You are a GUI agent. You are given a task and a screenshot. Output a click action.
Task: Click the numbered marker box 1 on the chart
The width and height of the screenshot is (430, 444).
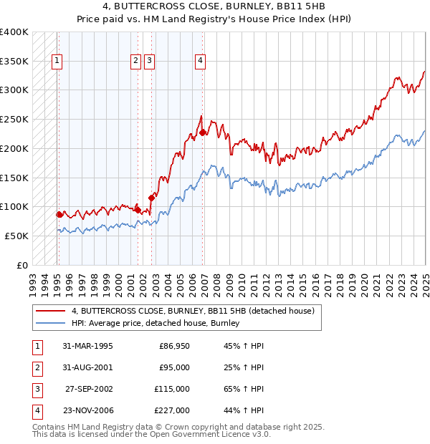click(x=57, y=61)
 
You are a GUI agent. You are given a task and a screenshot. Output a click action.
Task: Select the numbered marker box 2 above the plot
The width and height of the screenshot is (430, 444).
click(x=135, y=61)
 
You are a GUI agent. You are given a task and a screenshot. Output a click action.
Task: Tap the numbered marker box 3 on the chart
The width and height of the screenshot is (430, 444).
click(x=148, y=61)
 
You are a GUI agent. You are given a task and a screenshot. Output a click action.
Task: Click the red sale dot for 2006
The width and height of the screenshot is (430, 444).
click(x=203, y=132)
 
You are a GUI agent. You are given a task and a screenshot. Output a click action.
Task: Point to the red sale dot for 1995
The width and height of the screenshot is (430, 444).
click(x=59, y=214)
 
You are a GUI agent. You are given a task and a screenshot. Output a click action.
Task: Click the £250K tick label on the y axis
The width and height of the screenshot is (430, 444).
click(x=14, y=119)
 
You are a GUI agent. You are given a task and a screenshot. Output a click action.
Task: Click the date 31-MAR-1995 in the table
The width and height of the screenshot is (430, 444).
click(x=87, y=346)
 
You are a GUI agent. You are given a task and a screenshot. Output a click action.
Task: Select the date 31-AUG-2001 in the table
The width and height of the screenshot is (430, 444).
click(x=87, y=367)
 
